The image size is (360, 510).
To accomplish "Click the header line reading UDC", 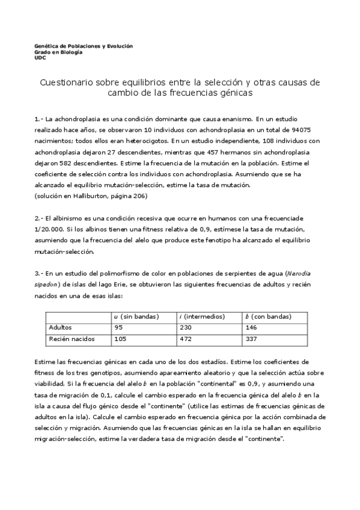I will click(x=40, y=58).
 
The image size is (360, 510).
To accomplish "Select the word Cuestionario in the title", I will click(x=67, y=81).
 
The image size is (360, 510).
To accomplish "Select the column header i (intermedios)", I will click(x=202, y=316).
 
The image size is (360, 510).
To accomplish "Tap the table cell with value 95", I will click(x=118, y=328).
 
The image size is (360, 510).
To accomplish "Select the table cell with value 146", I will click(x=251, y=328).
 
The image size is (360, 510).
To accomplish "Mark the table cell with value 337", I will click(x=251, y=339).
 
